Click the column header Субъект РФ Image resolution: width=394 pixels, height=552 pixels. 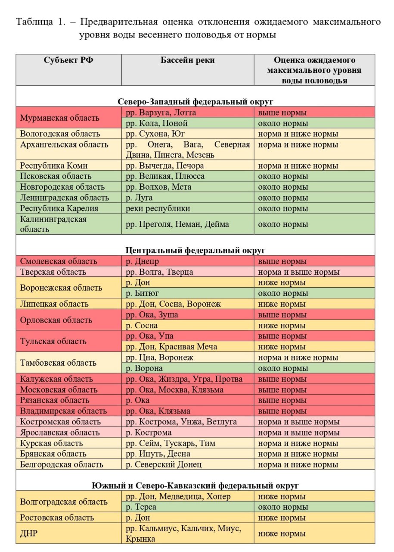point(68,60)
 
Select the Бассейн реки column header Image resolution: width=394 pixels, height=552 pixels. point(187,60)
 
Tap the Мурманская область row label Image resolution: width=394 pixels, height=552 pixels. point(59,118)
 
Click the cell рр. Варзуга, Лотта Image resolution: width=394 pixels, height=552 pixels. point(161,113)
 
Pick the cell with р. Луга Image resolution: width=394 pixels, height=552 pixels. point(139,198)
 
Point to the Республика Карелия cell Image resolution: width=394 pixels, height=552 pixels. point(59,208)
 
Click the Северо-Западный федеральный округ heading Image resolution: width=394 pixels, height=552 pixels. point(195,102)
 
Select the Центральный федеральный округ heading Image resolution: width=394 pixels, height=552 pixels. point(195,250)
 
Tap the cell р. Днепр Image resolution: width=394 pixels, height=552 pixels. point(142,261)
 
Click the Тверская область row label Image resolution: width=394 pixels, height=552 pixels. point(53,272)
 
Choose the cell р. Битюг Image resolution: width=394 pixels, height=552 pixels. point(142,293)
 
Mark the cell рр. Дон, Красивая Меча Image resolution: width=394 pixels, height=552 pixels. point(171,347)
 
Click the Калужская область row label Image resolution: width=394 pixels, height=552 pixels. point(56,379)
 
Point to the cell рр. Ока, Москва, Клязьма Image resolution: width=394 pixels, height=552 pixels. point(174,390)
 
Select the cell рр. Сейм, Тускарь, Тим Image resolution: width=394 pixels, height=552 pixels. point(171,443)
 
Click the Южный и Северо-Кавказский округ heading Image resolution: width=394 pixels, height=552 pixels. point(195,486)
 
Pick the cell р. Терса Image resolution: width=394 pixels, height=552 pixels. point(141,507)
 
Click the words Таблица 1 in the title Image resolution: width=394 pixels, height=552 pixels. point(40,22)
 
